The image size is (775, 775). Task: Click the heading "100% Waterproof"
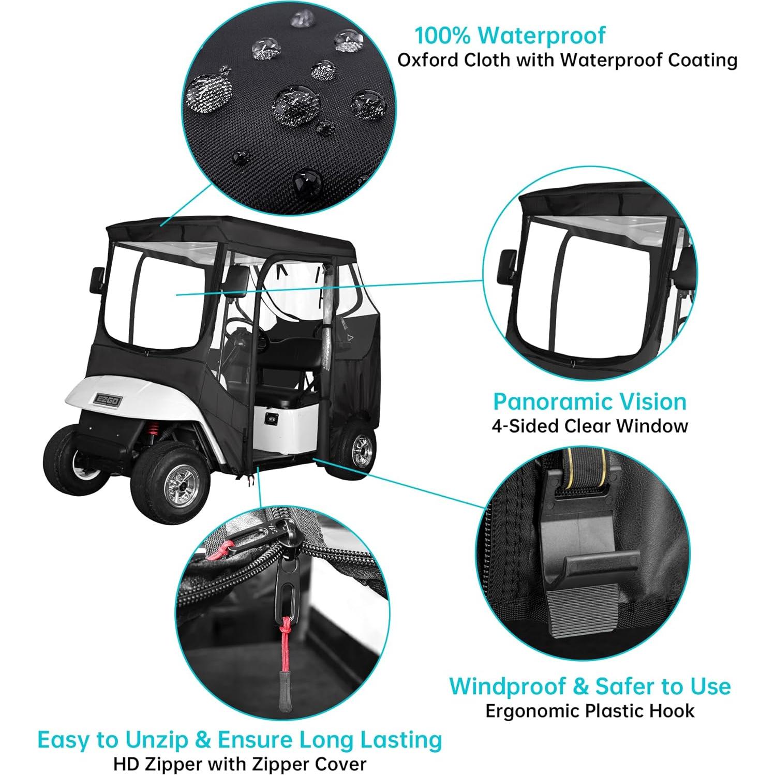(x=510, y=35)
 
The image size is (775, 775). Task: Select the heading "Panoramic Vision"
(x=589, y=401)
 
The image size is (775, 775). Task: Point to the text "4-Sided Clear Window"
(x=589, y=426)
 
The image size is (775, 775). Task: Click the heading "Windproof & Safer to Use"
(x=590, y=686)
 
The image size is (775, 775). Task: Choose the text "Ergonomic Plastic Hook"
(x=590, y=711)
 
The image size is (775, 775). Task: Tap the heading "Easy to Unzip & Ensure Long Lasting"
(x=240, y=739)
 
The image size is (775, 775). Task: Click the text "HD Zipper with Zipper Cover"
(x=240, y=764)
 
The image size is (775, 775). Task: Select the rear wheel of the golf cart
(x=356, y=447)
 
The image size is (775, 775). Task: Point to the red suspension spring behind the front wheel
(x=154, y=429)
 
